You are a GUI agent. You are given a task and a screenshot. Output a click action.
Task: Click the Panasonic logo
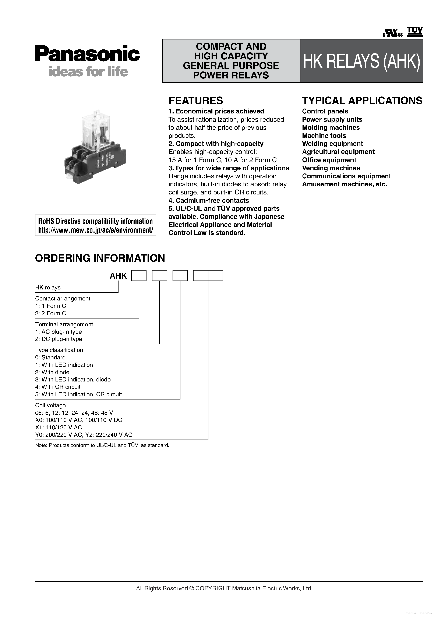[87, 54]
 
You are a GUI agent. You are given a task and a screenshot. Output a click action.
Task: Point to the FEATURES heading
[196, 101]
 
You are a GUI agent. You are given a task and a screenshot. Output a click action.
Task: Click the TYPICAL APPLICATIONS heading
[362, 101]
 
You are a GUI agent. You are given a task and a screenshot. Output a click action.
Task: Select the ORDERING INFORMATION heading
[100, 258]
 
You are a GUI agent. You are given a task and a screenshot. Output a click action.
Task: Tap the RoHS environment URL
[96, 230]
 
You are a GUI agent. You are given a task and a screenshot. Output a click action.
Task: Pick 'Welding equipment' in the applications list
[332, 144]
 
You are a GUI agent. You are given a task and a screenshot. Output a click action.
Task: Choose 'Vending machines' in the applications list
[331, 168]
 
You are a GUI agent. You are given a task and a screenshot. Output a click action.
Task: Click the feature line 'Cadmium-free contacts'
[209, 200]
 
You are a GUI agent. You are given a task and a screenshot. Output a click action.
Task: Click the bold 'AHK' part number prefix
[118, 276]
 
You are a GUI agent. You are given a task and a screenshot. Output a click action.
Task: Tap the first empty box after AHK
[139, 276]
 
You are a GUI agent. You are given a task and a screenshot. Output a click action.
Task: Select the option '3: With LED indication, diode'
[73, 379]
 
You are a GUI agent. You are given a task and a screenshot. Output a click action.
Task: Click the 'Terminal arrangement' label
[64, 324]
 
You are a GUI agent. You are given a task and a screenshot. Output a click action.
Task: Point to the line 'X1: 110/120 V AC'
[59, 427]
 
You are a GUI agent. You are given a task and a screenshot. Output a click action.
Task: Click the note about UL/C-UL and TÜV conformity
[102, 445]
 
